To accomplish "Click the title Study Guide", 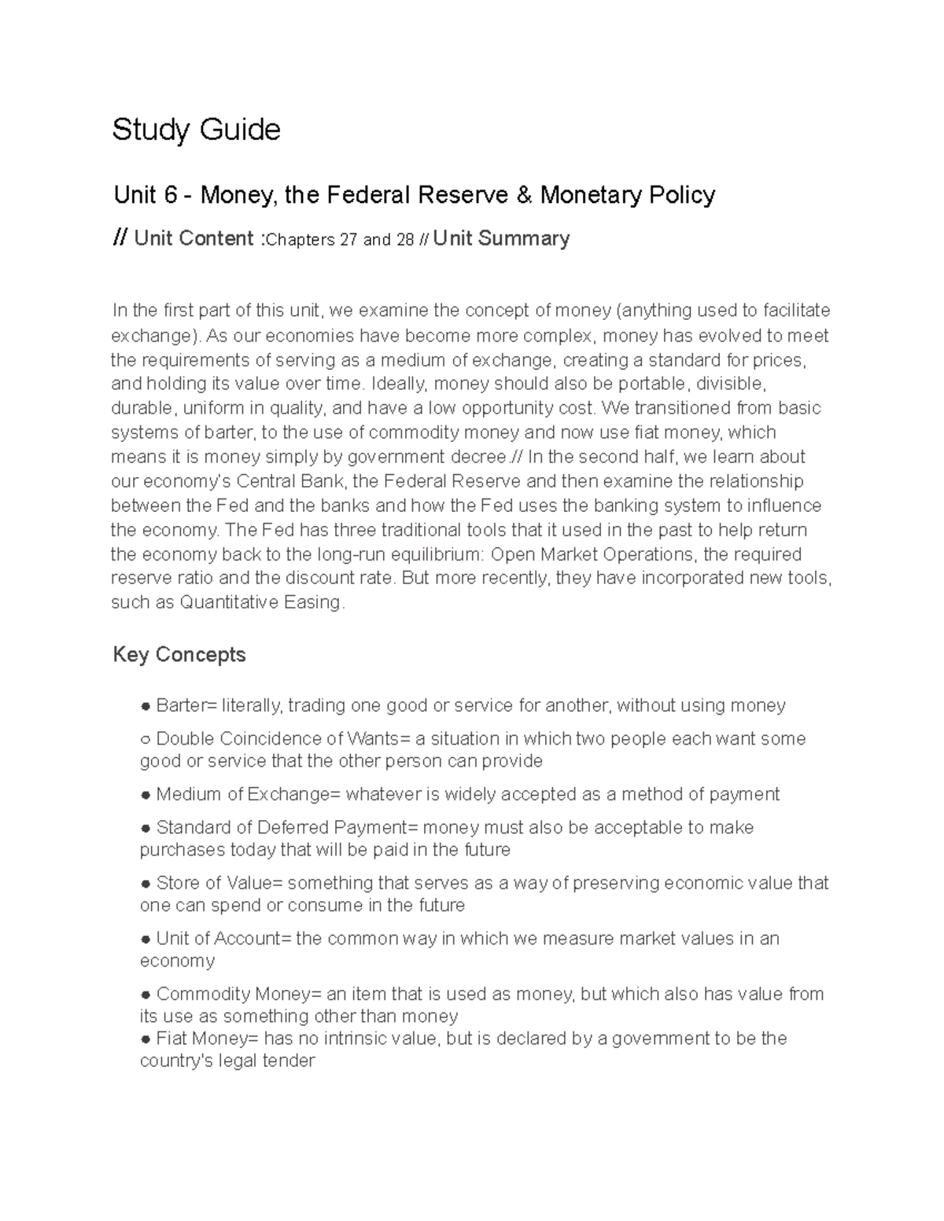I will pyautogui.click(x=196, y=130).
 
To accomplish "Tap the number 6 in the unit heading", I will pyautogui.click(x=169, y=195).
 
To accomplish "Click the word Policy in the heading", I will pyautogui.click(x=681, y=195).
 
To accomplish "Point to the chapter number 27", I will pyautogui.click(x=348, y=241).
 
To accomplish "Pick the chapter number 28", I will pyautogui.click(x=405, y=241).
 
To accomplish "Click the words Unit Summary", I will pyautogui.click(x=501, y=239).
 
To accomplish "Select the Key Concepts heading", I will pyautogui.click(x=179, y=655).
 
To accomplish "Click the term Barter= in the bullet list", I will pyautogui.click(x=186, y=706).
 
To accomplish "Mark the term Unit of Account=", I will pyautogui.click(x=223, y=939).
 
